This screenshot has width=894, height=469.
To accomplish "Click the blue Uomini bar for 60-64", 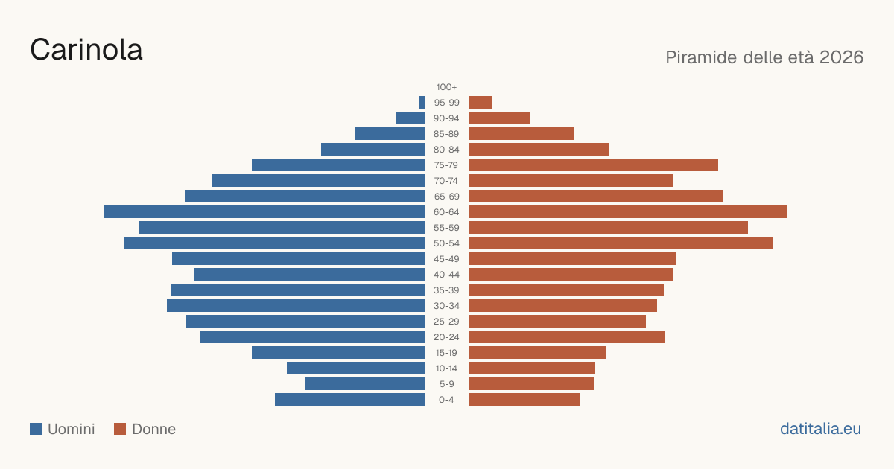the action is [264, 211].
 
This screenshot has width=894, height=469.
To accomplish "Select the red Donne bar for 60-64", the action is [628, 211].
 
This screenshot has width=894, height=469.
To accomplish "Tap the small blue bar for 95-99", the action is [422, 103].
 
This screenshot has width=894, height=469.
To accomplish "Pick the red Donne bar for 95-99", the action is [481, 103].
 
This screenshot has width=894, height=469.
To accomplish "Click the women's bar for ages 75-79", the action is [594, 165].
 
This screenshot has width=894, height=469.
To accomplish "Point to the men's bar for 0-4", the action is [349, 400].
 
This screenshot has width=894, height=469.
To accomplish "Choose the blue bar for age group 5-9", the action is [365, 384].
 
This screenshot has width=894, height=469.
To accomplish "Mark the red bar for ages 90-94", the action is [500, 118].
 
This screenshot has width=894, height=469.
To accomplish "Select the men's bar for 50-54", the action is [275, 243].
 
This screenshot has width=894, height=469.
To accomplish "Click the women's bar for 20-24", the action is [567, 337].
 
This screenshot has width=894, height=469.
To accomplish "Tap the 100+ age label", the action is [446, 87].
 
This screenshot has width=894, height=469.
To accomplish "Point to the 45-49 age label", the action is [446, 259].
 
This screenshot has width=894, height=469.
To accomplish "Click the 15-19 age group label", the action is [446, 353].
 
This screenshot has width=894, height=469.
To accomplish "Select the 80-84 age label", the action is [446, 150].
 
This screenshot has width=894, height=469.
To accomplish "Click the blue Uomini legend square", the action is [36, 429].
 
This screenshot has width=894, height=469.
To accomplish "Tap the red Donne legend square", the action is [120, 429].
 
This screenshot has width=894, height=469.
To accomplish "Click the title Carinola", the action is [86, 50].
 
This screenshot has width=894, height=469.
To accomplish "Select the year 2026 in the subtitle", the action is [841, 57].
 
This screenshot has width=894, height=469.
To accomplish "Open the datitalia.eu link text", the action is [820, 429].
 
